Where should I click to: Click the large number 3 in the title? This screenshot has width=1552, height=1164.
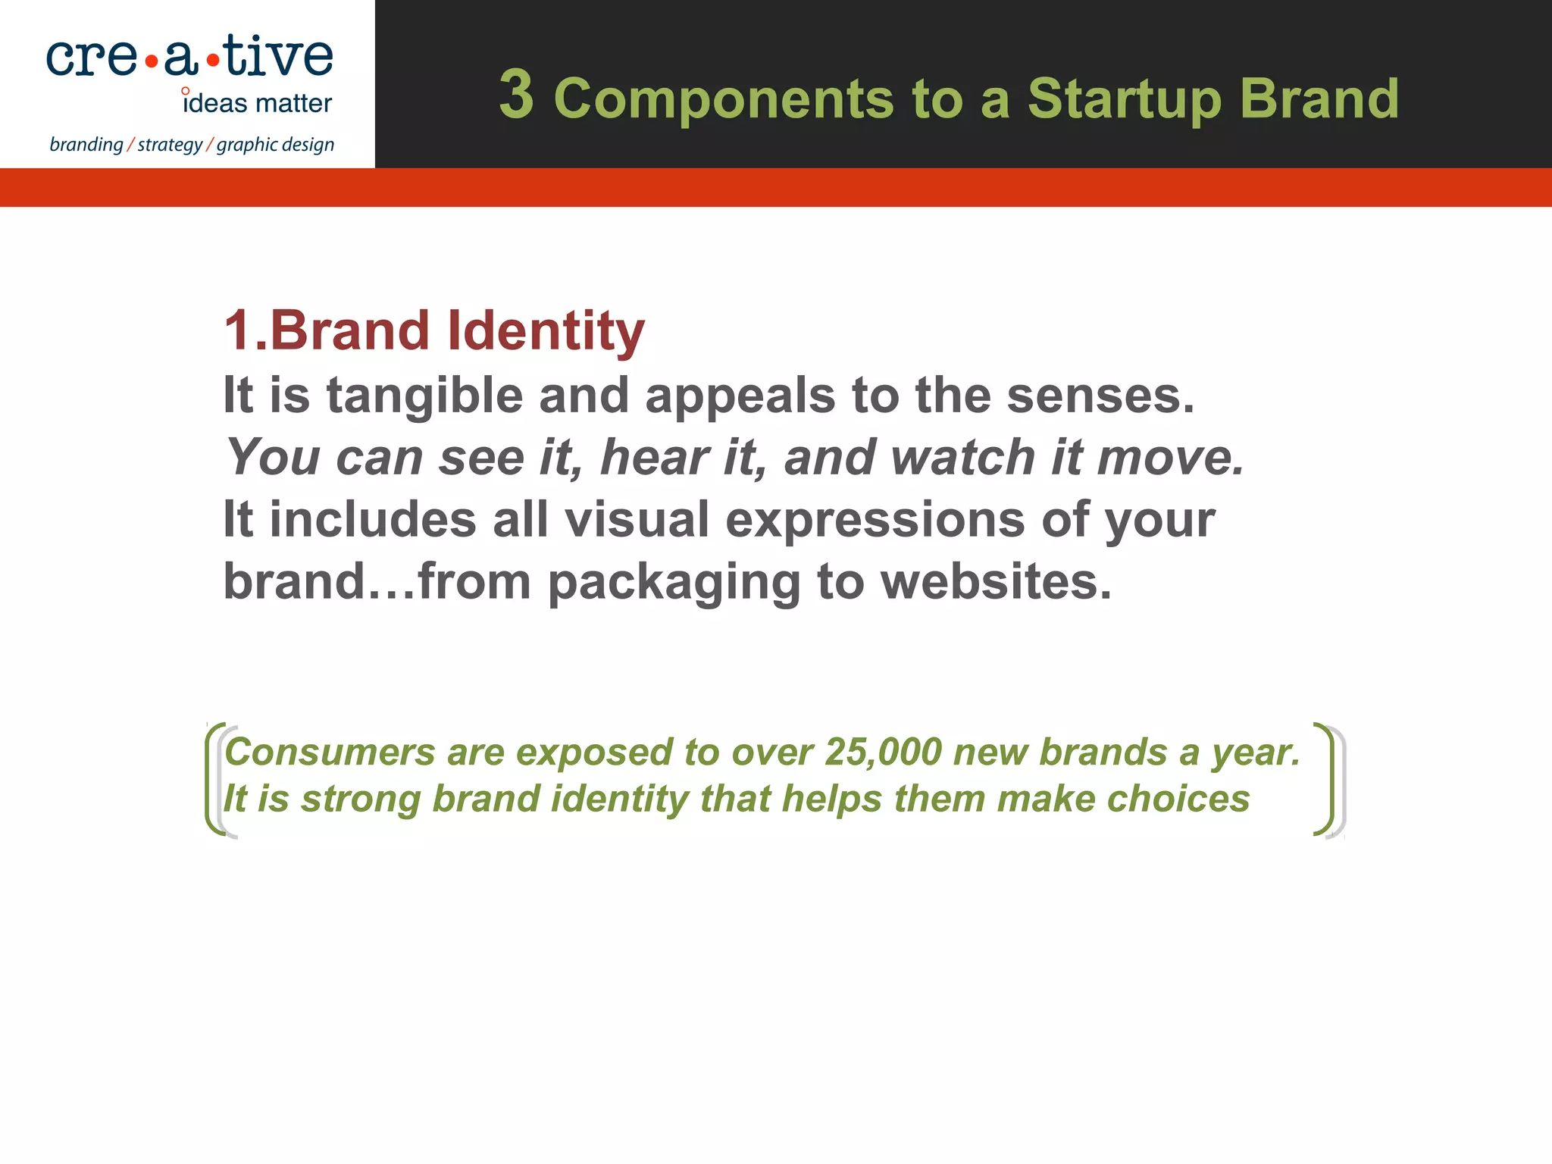point(516,95)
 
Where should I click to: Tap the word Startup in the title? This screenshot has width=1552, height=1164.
point(1124,99)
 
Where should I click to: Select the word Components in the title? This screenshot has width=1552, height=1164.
point(724,99)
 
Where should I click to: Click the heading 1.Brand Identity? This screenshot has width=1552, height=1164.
point(433,330)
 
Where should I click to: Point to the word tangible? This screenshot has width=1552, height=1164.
point(424,396)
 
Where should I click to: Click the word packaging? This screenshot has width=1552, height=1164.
point(673,583)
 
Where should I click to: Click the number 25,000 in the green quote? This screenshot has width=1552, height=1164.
point(883,752)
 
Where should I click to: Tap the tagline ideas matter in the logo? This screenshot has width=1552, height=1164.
point(258,103)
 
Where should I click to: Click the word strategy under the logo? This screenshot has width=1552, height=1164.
point(170,145)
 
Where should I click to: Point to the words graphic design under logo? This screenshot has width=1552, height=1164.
point(275,145)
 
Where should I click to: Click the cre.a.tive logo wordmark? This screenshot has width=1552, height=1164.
point(189,57)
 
